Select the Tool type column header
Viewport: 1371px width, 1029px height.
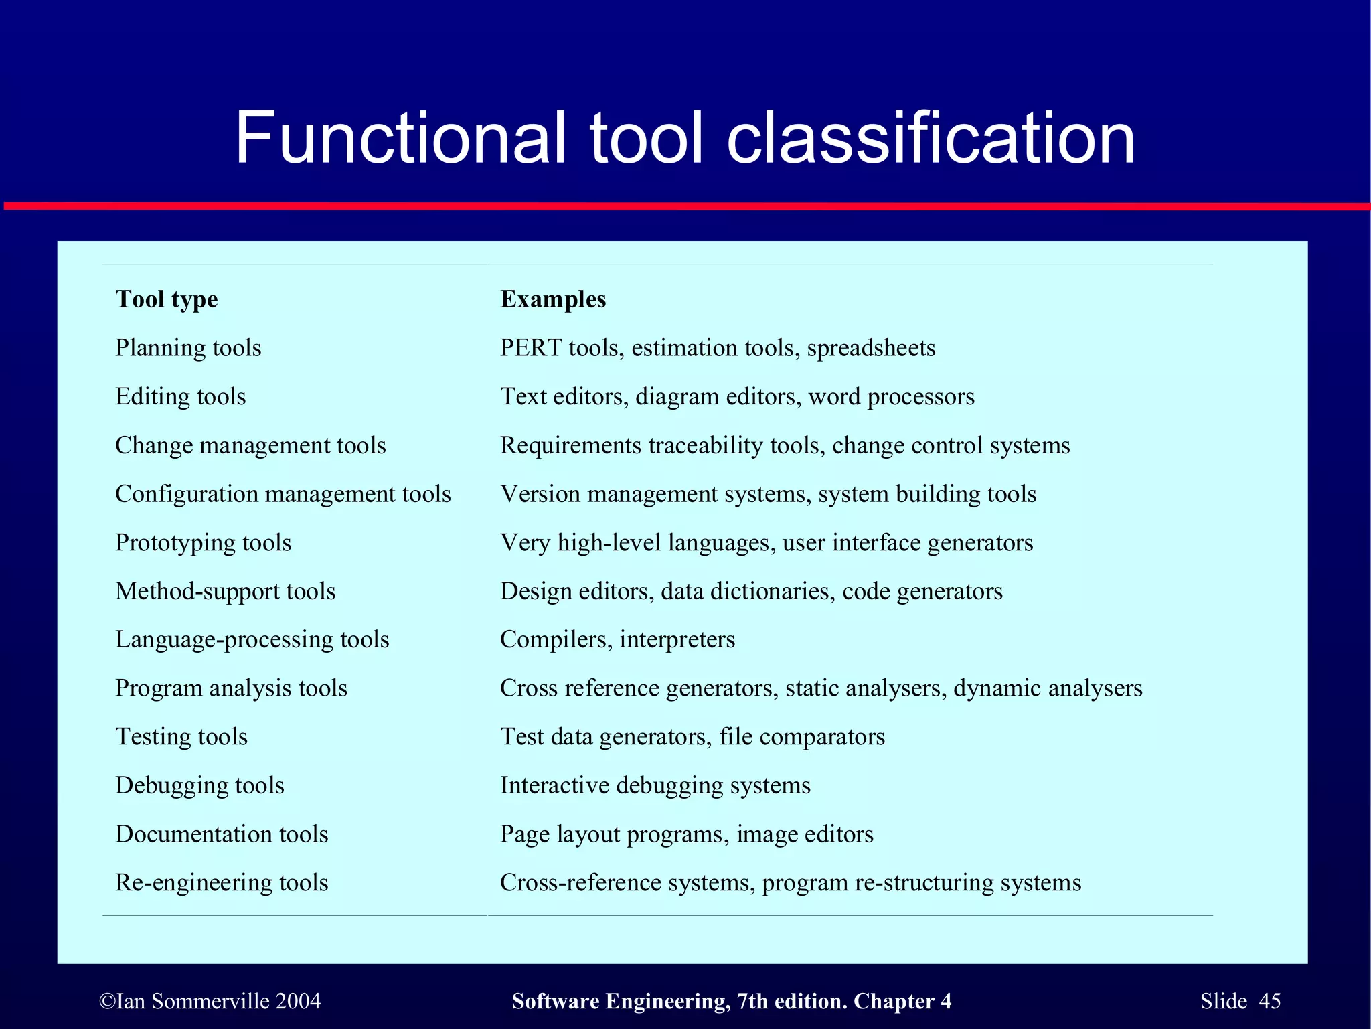point(167,299)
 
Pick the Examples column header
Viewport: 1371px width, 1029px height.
point(553,299)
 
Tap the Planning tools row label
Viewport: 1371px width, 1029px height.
point(188,348)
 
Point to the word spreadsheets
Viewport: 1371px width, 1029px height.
point(871,348)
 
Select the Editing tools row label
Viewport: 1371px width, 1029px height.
point(181,396)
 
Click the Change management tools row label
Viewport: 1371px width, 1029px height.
point(250,445)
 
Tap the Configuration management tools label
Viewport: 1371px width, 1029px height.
point(283,494)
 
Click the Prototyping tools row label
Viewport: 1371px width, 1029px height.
point(204,542)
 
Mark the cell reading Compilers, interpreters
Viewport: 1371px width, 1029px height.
point(617,639)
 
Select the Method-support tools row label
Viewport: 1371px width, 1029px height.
point(226,591)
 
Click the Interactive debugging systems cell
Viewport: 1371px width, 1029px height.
point(655,785)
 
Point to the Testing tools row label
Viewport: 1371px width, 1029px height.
point(181,736)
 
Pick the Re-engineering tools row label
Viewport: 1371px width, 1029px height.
point(222,882)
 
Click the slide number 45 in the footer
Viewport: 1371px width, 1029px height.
point(1270,1001)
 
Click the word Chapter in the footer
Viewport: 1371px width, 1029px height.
point(894,1001)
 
